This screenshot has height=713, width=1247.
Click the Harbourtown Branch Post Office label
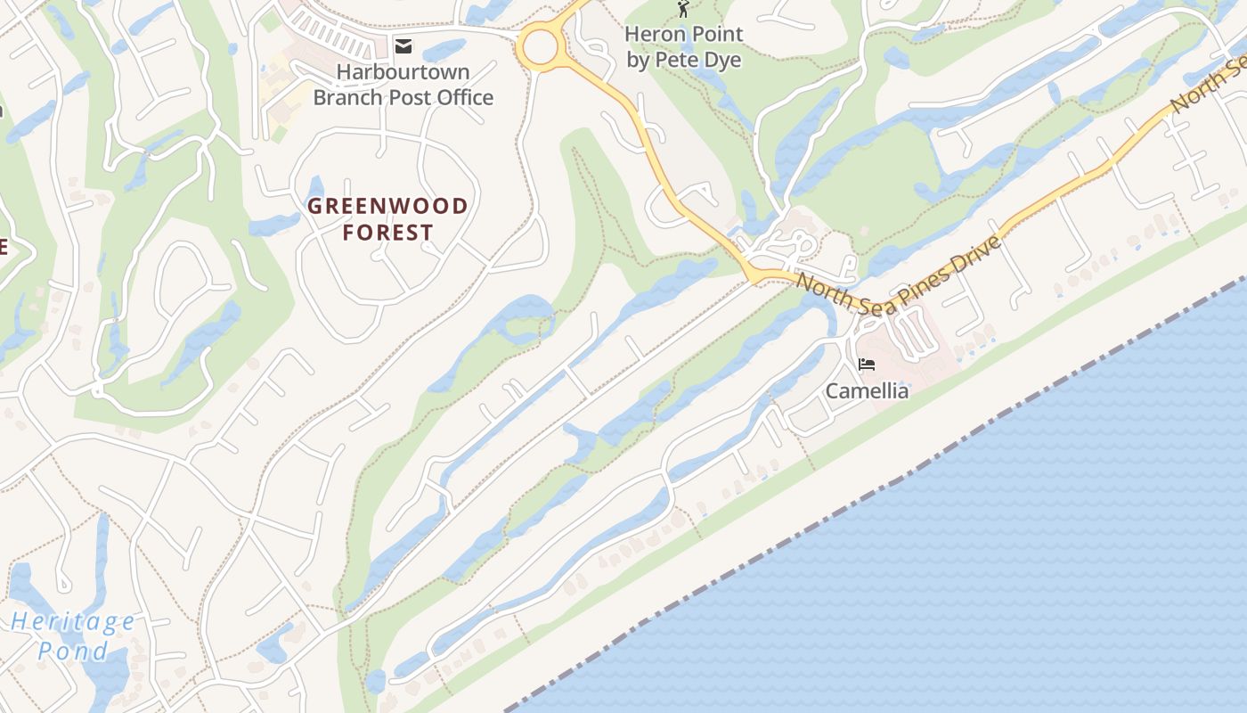(403, 85)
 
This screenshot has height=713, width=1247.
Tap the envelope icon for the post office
(404, 46)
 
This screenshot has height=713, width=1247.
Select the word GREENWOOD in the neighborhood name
(387, 207)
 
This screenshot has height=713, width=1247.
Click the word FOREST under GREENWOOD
(388, 233)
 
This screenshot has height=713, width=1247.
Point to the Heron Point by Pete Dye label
(683, 47)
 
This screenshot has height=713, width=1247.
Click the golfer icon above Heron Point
(683, 10)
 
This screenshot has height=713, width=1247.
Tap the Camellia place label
(867, 391)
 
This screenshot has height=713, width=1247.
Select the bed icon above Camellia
(867, 364)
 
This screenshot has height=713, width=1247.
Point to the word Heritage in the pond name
(74, 622)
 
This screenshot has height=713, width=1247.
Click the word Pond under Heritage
(73, 651)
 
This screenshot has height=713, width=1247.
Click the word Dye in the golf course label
(722, 61)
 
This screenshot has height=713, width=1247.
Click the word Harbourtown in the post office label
(403, 71)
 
